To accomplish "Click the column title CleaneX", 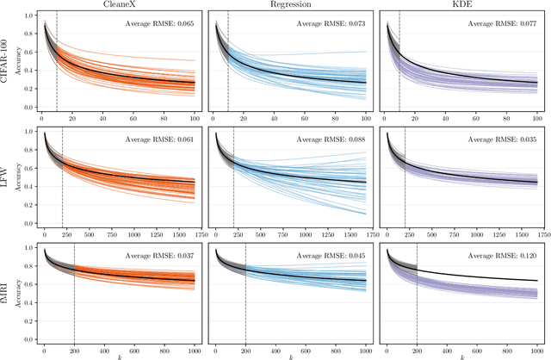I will point(120,4).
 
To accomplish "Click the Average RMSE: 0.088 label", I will point(331,139).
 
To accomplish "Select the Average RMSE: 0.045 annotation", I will point(331,256).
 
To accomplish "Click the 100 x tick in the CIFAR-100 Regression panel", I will point(365,117).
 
